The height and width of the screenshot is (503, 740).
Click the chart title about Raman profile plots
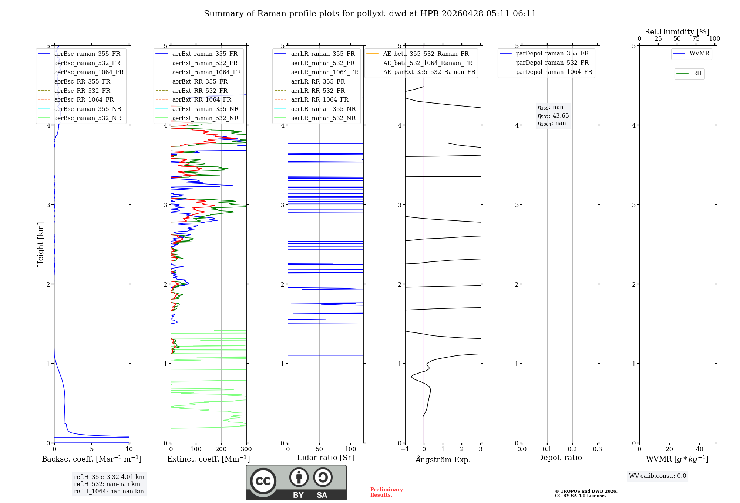[x=370, y=14]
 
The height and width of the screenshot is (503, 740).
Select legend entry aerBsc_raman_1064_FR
[x=89, y=72]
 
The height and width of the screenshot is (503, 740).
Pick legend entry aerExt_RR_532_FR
[x=200, y=91]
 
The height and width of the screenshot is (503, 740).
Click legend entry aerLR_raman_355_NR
[x=323, y=109]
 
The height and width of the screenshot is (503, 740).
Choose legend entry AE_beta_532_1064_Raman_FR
[x=427, y=63]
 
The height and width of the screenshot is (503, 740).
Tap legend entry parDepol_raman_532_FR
[x=552, y=63]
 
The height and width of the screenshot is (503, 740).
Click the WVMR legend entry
[x=699, y=54]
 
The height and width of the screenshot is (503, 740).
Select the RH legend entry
[x=697, y=74]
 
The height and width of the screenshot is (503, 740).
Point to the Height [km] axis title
[x=40, y=244]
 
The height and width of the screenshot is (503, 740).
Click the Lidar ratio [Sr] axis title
[x=325, y=458]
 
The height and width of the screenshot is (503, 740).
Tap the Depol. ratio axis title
[x=559, y=458]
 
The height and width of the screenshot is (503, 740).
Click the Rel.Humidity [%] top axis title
[x=677, y=32]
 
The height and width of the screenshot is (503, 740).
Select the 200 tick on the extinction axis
[x=221, y=449]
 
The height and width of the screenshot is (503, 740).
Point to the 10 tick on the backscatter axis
[x=129, y=449]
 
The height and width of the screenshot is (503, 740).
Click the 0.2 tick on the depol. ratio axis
[x=572, y=449]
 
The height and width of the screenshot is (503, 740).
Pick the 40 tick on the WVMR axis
[x=699, y=449]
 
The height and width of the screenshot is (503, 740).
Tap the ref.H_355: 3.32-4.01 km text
[x=109, y=477]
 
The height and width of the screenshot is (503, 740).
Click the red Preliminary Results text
[x=386, y=492]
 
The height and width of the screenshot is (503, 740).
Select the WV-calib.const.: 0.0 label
[x=657, y=476]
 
